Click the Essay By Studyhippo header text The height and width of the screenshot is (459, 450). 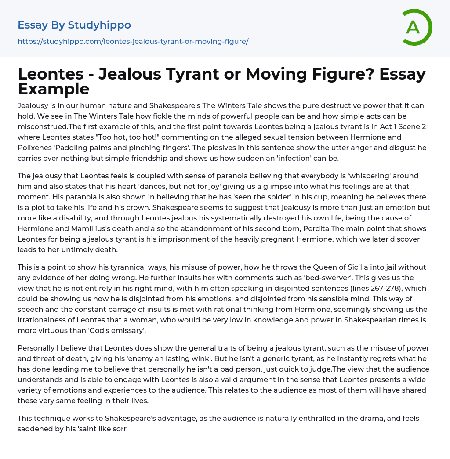[x=74, y=25]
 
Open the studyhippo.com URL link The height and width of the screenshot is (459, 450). [x=133, y=41]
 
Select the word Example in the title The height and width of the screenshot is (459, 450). [x=54, y=89]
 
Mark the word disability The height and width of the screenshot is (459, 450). [x=73, y=218]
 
